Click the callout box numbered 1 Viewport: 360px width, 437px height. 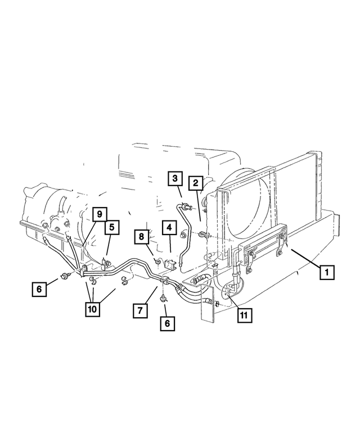(325, 272)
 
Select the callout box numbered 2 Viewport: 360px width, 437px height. (195, 183)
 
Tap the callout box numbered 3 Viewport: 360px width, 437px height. (175, 179)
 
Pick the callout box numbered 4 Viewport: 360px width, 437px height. (168, 228)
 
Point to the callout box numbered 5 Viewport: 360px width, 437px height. (111, 227)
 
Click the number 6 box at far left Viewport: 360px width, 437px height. (39, 289)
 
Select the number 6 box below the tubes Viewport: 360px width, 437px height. (166, 323)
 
